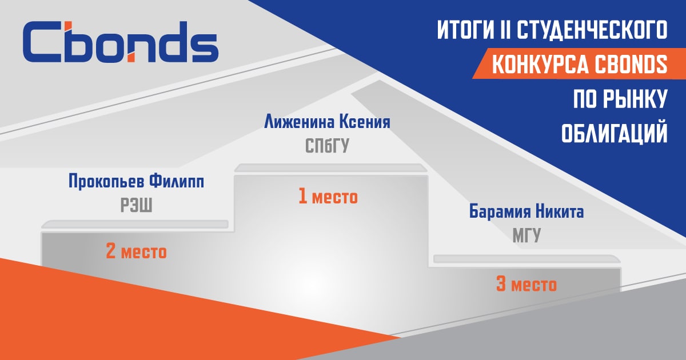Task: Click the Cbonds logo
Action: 121,42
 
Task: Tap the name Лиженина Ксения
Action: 327,122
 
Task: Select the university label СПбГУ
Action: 327,146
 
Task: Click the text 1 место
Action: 328,197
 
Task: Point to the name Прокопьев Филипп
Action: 136,182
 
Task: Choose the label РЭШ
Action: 136,205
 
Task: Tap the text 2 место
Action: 136,251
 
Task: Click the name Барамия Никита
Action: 527,211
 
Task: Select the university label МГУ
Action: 527,235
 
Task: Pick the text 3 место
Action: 527,285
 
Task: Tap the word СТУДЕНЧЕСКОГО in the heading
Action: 592,30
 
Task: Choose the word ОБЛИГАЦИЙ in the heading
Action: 615,134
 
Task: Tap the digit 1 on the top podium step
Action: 302,196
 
